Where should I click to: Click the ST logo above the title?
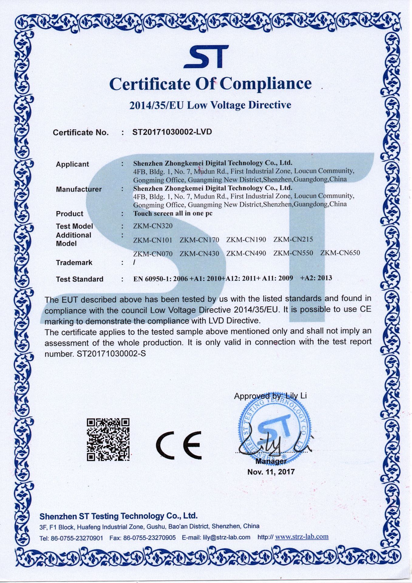click(x=206, y=57)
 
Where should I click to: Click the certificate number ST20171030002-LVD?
click(x=172, y=132)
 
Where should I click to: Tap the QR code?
click(x=108, y=439)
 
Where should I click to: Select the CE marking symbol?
click(x=179, y=445)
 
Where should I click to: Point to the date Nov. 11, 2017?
click(x=271, y=472)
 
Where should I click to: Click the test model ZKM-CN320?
click(x=153, y=226)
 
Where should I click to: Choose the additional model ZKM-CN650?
click(x=340, y=253)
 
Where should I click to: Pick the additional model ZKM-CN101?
click(x=153, y=240)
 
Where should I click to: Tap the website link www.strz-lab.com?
click(x=302, y=537)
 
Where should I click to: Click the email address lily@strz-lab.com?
click(x=226, y=537)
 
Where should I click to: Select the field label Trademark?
click(x=74, y=262)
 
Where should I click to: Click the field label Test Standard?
click(x=80, y=279)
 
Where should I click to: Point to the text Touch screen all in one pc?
click(x=173, y=213)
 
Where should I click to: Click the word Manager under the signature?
click(x=271, y=462)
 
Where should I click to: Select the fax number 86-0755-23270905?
click(x=149, y=538)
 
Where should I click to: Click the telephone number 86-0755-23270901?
click(x=77, y=538)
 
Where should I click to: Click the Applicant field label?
click(x=72, y=164)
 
